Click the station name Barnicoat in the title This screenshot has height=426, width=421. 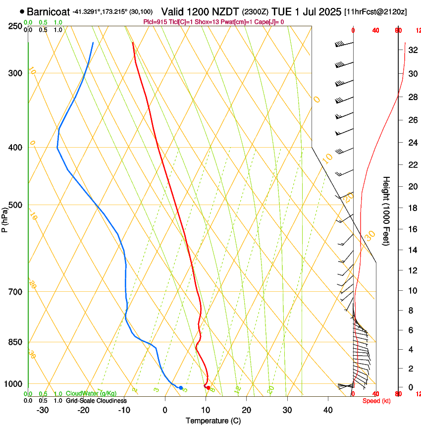pyautogui.click(x=49, y=11)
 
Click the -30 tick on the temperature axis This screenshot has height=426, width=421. pyautogui.click(x=43, y=410)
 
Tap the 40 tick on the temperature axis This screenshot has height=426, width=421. pyautogui.click(x=328, y=410)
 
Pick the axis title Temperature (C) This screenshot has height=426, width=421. pyautogui.click(x=213, y=421)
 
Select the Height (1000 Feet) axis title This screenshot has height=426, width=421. pyautogui.click(x=386, y=211)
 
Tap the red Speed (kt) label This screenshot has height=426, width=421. pyautogui.click(x=376, y=401)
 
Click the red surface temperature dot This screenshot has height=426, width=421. pyautogui.click(x=208, y=388)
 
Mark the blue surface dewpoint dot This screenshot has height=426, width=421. pyautogui.click(x=181, y=388)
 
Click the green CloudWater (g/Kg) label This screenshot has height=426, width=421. pyautogui.click(x=91, y=393)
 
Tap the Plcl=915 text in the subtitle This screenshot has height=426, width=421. pyautogui.click(x=156, y=22)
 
